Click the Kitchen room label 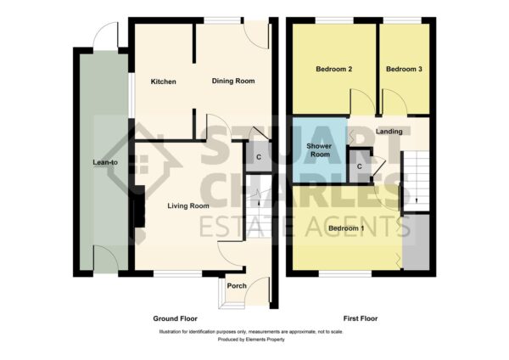click(x=163, y=82)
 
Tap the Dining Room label click(x=233, y=81)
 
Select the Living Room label click(x=188, y=206)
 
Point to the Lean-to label click(x=105, y=162)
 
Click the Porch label click(x=237, y=286)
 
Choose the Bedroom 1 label click(x=346, y=228)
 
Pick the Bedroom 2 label click(x=334, y=70)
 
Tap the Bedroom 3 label click(x=404, y=70)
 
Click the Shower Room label click(x=320, y=150)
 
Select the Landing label click(x=389, y=132)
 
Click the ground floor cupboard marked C click(x=259, y=157)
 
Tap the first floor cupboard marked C click(x=360, y=166)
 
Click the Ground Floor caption click(x=176, y=318)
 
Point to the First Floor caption click(x=361, y=318)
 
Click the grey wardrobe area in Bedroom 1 click(x=416, y=242)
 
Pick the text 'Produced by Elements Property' click(x=251, y=340)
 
